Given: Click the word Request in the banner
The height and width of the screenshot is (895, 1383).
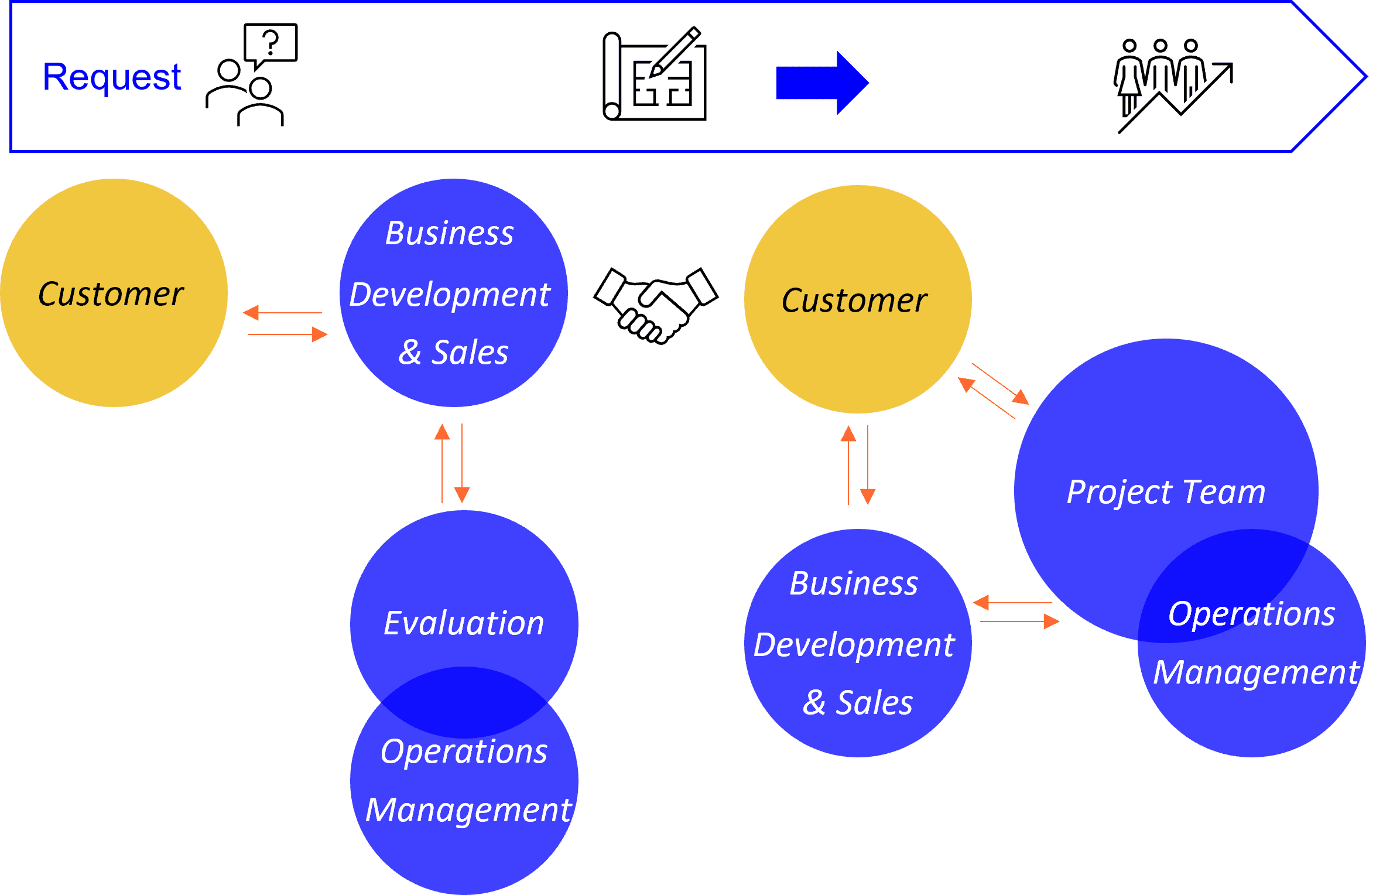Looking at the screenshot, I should pyautogui.click(x=112, y=77).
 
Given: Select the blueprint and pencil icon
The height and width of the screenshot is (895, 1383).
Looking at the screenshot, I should pyautogui.click(x=655, y=74).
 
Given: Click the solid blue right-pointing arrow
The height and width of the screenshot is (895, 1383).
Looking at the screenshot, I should pyautogui.click(x=822, y=83).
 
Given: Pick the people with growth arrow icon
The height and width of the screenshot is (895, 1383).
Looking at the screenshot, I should pyautogui.click(x=1173, y=85).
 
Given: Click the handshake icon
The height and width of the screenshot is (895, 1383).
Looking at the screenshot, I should pyautogui.click(x=656, y=305).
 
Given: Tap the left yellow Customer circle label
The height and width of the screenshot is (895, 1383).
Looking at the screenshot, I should pyautogui.click(x=111, y=293).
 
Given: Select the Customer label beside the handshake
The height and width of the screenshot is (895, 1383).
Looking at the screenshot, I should pyautogui.click(x=854, y=300).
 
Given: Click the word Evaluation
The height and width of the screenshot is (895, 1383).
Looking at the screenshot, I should pyautogui.click(x=464, y=623).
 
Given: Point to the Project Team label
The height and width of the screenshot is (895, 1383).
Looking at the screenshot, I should pyautogui.click(x=1166, y=491).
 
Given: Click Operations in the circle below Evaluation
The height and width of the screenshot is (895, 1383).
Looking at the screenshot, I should pyautogui.click(x=464, y=751).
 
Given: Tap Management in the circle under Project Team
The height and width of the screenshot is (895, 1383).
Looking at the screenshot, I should pyautogui.click(x=1255, y=672).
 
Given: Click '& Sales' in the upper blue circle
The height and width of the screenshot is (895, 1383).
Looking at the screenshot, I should pyautogui.click(x=453, y=353).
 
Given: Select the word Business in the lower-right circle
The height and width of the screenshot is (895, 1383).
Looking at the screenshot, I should pyautogui.click(x=854, y=583).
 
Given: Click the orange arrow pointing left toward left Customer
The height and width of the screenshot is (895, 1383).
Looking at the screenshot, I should pyautogui.click(x=282, y=313).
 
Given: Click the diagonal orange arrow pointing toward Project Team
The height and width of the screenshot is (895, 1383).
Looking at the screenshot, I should pyautogui.click(x=1001, y=384).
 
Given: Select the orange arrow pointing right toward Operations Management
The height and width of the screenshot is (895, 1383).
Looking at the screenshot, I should pyautogui.click(x=1019, y=621).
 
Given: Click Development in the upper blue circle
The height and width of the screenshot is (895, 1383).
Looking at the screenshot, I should pyautogui.click(x=450, y=294).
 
